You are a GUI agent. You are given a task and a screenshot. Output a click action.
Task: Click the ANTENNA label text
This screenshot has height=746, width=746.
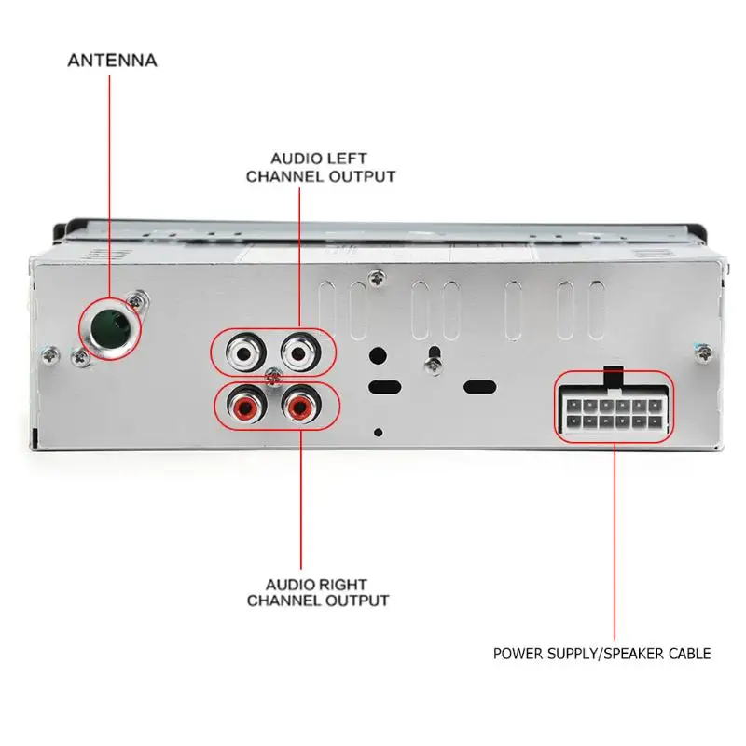(112, 61)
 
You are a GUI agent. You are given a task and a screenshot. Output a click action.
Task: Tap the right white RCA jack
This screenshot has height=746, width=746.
(299, 354)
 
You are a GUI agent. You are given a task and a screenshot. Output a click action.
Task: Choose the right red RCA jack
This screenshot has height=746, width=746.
(299, 406)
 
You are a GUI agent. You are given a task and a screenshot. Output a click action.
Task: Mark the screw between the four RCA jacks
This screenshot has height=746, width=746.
(271, 379)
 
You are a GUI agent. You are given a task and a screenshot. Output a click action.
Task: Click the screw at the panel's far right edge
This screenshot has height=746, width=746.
(703, 352)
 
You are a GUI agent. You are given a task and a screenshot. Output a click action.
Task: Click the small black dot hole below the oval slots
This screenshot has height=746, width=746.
(377, 432)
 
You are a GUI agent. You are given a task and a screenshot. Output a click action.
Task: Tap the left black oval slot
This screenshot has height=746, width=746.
(385, 386)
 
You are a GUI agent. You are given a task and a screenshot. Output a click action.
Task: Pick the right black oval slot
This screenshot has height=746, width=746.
(479, 386)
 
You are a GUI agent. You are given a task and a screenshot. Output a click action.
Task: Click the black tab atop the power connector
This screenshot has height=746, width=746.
(614, 375)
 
